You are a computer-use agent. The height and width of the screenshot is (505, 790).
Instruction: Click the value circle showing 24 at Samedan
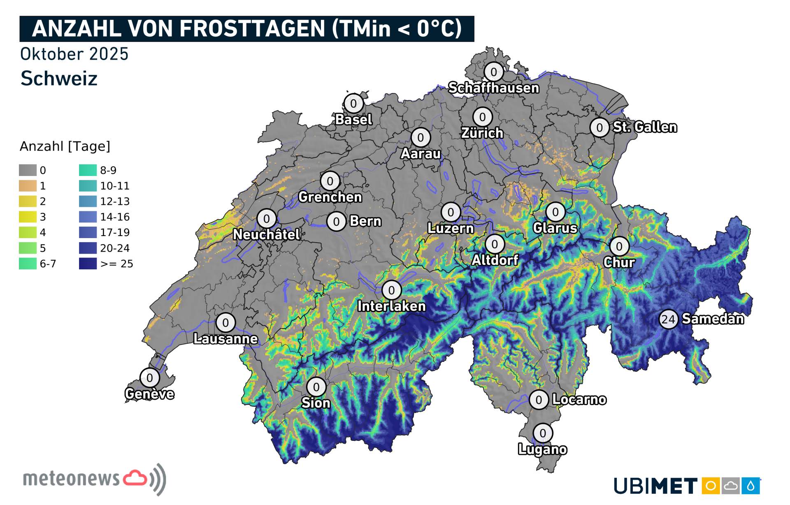coord(668,319)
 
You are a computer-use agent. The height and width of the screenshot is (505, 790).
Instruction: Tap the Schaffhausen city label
coord(493,88)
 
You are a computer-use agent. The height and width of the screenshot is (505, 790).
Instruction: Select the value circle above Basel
coord(353,103)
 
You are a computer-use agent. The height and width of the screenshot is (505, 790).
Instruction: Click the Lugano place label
coord(542,449)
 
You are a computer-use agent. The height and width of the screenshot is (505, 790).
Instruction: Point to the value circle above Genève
coord(150,378)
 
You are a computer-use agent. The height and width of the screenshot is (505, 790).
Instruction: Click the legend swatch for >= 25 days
coord(88,264)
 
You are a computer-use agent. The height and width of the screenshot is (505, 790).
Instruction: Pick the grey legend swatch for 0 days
coord(28,170)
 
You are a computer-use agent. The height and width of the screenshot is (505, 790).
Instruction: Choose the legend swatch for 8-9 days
coord(88,170)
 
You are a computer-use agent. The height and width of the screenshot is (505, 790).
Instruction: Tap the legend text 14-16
coord(115,217)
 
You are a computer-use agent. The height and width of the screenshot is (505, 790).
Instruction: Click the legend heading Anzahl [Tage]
coord(65,146)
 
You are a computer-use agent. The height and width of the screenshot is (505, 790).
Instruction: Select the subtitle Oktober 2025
coord(74,54)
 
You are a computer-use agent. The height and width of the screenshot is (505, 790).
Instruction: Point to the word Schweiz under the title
coord(59,78)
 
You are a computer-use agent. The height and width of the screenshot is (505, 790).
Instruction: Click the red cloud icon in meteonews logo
coord(135,478)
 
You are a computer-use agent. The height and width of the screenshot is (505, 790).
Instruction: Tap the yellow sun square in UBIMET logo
coord(710,486)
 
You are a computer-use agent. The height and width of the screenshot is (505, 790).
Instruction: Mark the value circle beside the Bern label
coord(336,222)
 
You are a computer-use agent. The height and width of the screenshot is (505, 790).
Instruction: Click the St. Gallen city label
coord(645,127)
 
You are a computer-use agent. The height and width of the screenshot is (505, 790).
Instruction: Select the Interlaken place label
coord(391,306)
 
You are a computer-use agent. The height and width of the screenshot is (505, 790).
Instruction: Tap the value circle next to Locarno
coord(539,400)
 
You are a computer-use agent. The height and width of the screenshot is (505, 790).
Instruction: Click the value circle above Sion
coord(316,387)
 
